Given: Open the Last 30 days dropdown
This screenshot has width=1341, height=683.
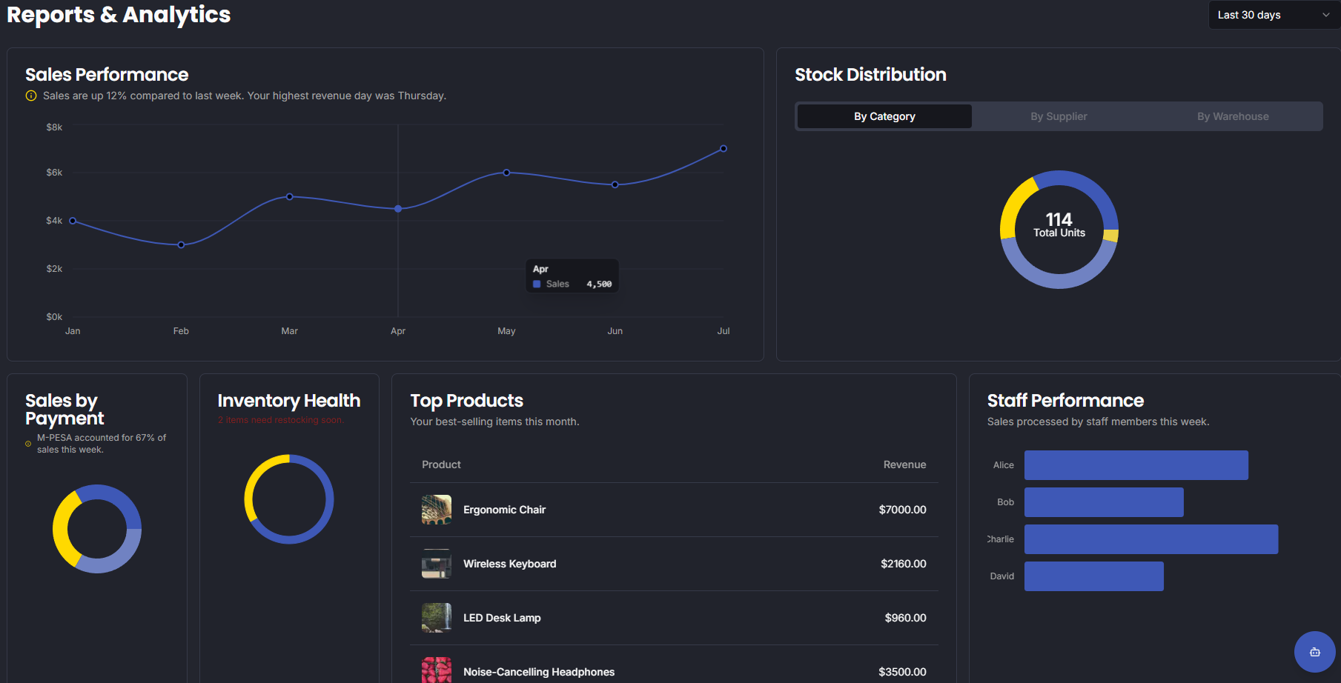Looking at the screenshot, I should [x=1274, y=15].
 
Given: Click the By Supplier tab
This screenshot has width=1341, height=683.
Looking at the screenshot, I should [x=1059, y=116].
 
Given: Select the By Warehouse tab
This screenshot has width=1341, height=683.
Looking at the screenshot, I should [x=1232, y=116].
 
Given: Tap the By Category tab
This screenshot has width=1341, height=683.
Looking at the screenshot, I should [x=884, y=116].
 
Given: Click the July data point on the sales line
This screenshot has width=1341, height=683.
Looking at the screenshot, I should [x=724, y=149].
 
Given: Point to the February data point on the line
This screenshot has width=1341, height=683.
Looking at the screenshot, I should [x=181, y=244].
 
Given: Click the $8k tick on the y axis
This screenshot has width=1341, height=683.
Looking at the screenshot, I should [x=54, y=127].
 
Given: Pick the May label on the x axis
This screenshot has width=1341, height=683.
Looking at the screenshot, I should [x=506, y=331].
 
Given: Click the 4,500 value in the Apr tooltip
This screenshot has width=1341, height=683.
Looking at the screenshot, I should [x=599, y=284].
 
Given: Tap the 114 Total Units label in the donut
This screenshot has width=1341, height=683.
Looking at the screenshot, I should [x=1059, y=225].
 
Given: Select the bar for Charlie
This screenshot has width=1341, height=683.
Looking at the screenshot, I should [x=1150, y=539].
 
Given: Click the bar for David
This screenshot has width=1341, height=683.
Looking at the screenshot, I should [x=1093, y=576].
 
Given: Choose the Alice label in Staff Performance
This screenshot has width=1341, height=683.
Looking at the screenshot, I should [x=1003, y=465].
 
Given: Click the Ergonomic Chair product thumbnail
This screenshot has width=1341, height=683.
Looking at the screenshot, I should [x=437, y=510].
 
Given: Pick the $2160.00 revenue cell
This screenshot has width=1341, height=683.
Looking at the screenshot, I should [x=903, y=564].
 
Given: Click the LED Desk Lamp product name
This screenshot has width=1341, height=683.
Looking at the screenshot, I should [x=502, y=618].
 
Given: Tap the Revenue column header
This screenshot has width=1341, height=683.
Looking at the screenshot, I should [x=904, y=464].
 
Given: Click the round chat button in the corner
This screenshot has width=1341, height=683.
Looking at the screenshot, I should [x=1314, y=652].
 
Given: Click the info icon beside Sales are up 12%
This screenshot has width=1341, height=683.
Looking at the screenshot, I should [x=31, y=96].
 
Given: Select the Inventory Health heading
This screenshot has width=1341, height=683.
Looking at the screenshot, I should [x=288, y=401].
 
